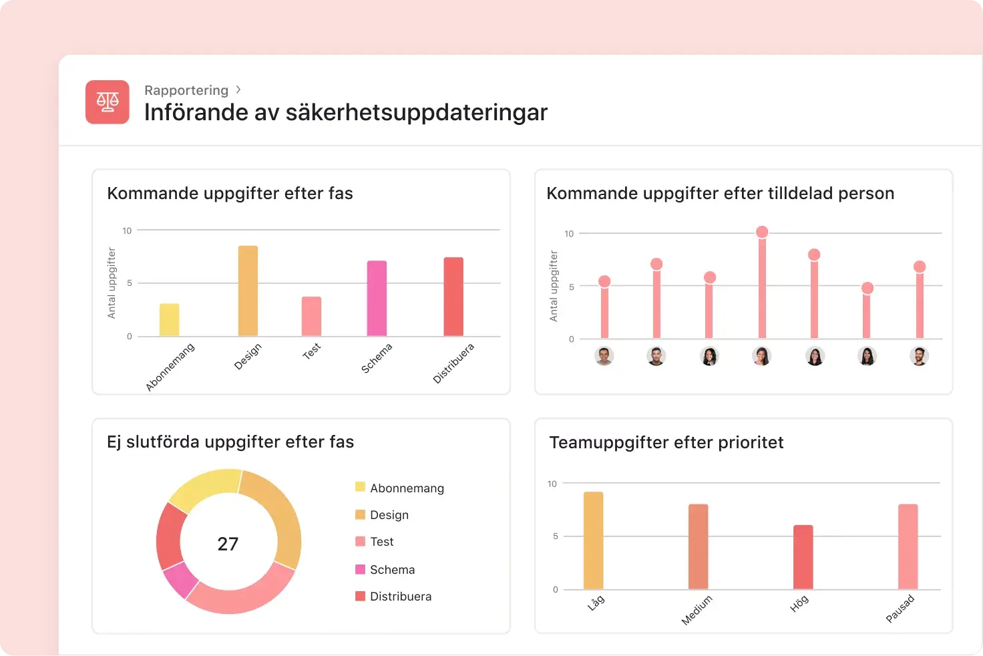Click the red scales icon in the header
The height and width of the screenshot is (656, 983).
pos(107,102)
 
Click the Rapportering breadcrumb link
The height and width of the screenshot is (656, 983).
pos(186,90)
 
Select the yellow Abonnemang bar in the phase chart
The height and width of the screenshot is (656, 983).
pos(169,320)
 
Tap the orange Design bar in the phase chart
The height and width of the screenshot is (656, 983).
pos(248,291)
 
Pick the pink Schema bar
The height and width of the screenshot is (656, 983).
pos(377,299)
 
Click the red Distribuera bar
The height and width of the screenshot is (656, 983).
pos(453,297)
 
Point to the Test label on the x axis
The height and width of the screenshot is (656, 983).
pos(312,351)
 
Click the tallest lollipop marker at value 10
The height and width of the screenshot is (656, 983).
pos(762,232)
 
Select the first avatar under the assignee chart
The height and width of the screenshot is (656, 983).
pos(604,356)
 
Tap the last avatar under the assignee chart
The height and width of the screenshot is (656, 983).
pos(919,356)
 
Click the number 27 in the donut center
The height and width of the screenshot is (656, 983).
pos(228,544)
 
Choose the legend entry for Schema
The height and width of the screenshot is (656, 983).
pos(392,570)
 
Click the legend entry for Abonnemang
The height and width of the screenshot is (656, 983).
pos(406,488)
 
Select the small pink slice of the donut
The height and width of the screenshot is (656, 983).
pos(180,580)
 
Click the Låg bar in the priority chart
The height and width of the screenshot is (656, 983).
pos(593,540)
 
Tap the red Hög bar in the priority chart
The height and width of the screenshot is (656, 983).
pos(803,557)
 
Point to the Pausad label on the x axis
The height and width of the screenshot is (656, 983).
pos(900,609)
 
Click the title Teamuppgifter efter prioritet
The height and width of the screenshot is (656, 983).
pos(666,442)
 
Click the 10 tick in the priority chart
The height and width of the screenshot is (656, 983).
pos(552,484)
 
